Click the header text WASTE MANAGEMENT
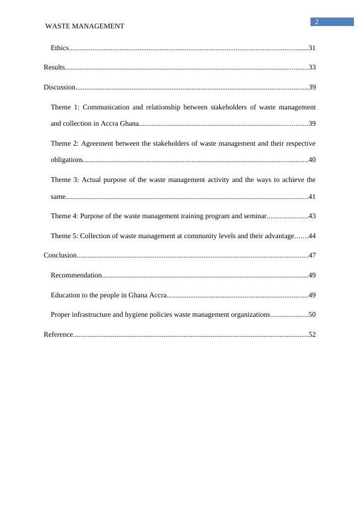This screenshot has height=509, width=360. pos(85,26)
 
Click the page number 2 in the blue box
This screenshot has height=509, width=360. pos(317,22)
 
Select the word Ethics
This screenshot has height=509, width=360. pos(60,48)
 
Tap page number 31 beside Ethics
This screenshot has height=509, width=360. pos(312,48)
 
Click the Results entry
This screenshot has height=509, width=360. pos(54,68)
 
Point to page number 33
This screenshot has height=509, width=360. pos(312,68)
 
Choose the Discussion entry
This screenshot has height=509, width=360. pos(59,88)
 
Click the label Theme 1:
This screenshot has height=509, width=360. pos(65,108)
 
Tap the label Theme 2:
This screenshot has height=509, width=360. pos(64,144)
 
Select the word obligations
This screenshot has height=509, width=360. pos(66,160)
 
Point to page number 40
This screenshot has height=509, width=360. pos(312,160)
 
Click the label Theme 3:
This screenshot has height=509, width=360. pos(64,180)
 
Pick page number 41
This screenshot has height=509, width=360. pos(312,196)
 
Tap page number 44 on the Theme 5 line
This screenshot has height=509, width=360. pos(312,236)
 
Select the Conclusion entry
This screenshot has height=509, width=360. pos(60,256)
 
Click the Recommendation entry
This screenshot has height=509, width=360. pos(76,276)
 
